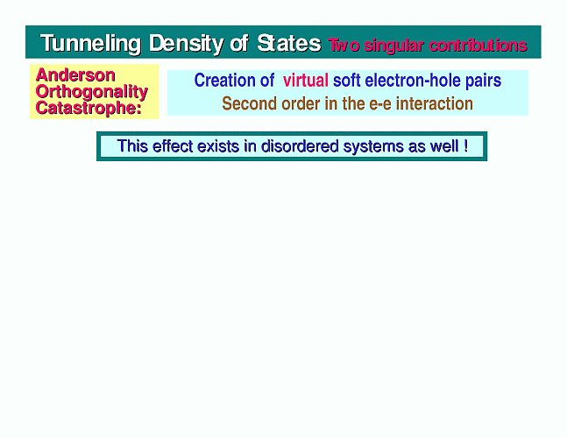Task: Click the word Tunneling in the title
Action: pyautogui.click(x=90, y=44)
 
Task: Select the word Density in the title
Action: pyautogui.click(x=186, y=44)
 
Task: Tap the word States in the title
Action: pyautogui.click(x=289, y=44)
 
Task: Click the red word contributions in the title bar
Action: pyautogui.click(x=478, y=46)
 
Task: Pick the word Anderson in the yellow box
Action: pyautogui.click(x=75, y=75)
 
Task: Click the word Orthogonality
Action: pyautogui.click(x=92, y=92)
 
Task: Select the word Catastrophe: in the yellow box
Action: pyautogui.click(x=89, y=108)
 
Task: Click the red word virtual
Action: pyautogui.click(x=306, y=81)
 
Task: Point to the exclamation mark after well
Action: pyautogui.click(x=465, y=146)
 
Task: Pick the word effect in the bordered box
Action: pyautogui.click(x=173, y=146)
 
